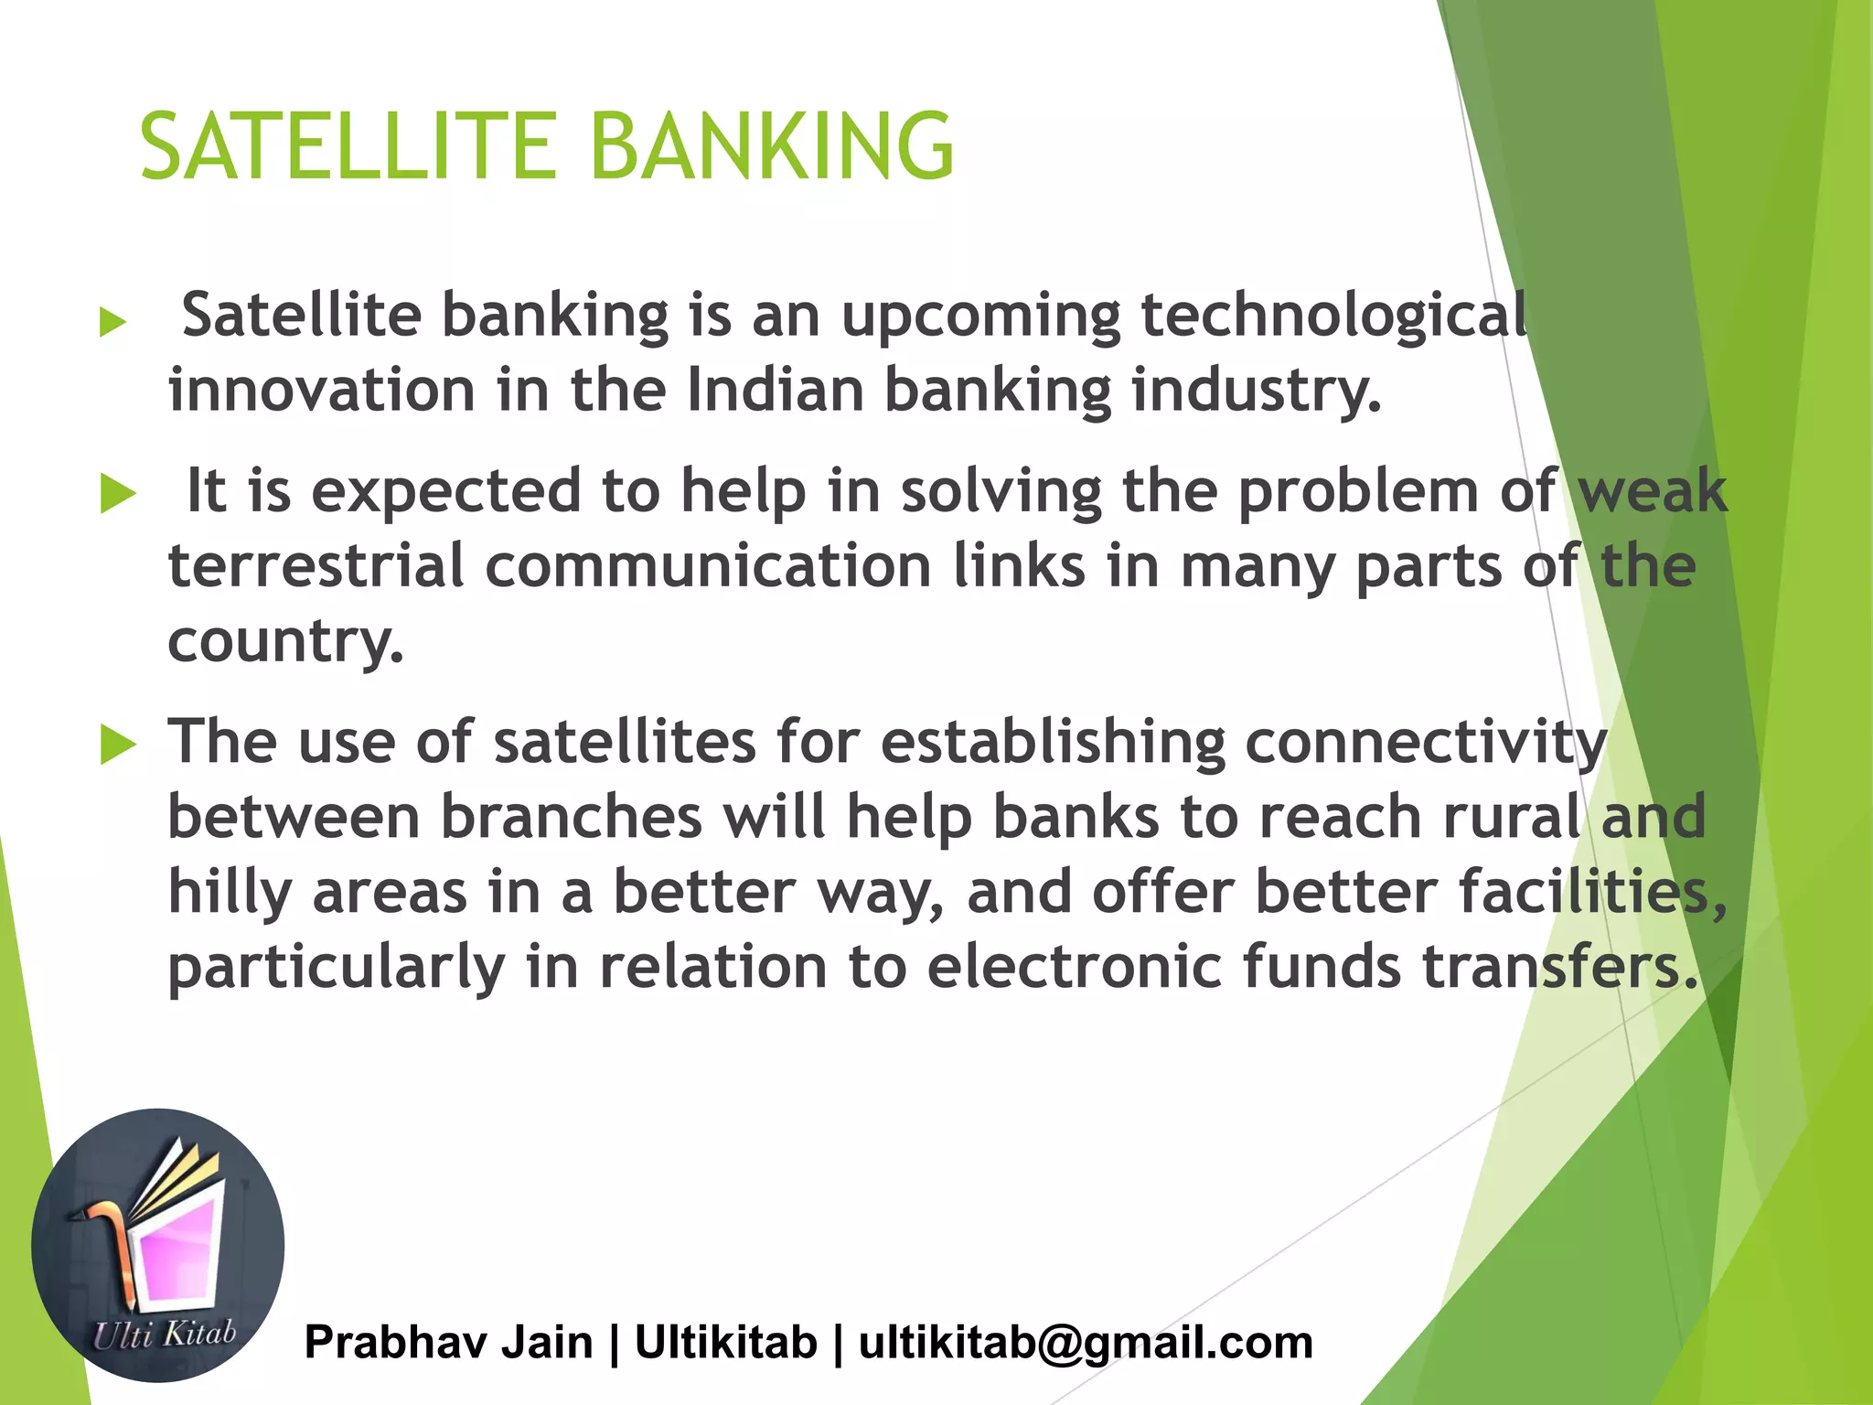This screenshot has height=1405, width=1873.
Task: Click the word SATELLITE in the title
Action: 348,146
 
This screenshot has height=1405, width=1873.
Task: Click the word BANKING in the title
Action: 772,146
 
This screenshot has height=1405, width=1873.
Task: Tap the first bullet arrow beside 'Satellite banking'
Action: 112,322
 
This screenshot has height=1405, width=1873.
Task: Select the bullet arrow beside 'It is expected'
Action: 118,494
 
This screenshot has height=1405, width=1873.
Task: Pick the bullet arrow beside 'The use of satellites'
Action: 118,744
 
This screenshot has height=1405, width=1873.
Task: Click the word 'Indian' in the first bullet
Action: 775,391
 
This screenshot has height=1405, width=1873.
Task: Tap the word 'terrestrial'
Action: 316,566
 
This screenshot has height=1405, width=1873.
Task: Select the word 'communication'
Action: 708,566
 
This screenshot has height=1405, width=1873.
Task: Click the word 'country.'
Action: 285,640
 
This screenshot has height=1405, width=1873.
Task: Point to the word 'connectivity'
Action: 1426,742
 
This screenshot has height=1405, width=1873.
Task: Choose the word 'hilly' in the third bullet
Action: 230,893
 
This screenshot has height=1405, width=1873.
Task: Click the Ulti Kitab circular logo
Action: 158,1245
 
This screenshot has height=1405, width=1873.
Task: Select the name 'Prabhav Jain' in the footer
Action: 448,1343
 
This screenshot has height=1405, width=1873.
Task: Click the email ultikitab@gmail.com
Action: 1086,1343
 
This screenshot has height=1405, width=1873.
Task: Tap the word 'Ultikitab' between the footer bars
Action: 725,1343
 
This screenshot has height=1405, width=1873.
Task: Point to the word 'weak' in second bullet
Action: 1653,492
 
